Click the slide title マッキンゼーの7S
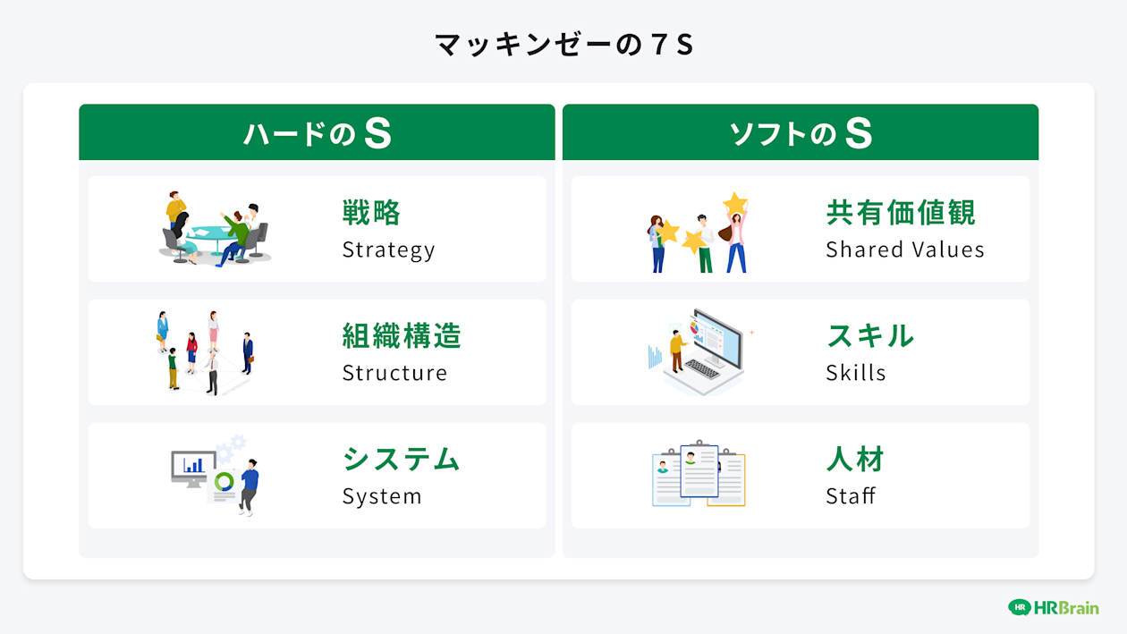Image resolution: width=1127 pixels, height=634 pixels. [x=563, y=45]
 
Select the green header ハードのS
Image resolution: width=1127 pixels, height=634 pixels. [x=317, y=133]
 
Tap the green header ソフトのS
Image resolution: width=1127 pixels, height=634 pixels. [x=801, y=133]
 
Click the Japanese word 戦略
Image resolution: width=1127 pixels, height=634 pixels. [x=372, y=213]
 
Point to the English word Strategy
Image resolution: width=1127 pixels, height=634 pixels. [x=388, y=249]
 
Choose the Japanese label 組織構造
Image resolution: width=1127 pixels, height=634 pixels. [x=402, y=336]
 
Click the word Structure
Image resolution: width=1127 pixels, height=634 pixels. [x=394, y=373]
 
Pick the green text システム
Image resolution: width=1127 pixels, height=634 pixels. [x=401, y=460]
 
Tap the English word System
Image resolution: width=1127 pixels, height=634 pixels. [x=381, y=496]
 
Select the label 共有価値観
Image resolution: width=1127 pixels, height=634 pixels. [x=901, y=213]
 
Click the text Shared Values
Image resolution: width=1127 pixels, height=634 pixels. [x=904, y=249]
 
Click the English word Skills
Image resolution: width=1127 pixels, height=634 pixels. [x=855, y=373]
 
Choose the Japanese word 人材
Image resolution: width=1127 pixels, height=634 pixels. [x=855, y=460]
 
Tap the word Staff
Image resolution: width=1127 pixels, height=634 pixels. [x=850, y=496]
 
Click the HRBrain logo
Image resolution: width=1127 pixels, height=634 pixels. [x=1053, y=607]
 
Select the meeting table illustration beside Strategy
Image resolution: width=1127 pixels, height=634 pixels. [x=215, y=229]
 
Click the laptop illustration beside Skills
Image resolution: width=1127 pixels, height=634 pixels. [x=702, y=352]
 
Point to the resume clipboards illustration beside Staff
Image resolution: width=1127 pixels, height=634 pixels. [x=699, y=475]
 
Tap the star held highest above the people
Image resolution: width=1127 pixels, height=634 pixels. [x=735, y=203]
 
